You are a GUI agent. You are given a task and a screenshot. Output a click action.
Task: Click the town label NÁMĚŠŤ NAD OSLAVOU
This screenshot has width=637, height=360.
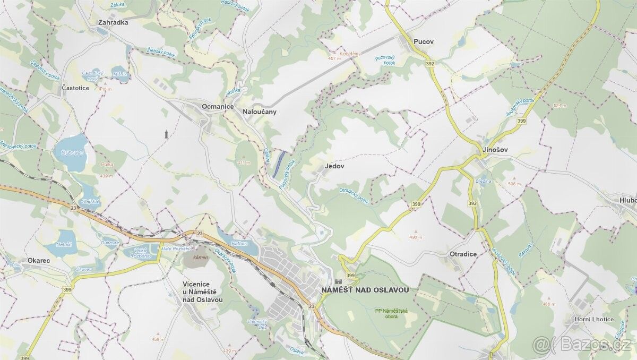click(x=365, y=290)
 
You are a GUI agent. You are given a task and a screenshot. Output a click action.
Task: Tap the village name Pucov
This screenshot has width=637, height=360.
click(x=423, y=40)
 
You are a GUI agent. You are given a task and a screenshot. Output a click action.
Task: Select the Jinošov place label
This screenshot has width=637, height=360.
click(x=495, y=150)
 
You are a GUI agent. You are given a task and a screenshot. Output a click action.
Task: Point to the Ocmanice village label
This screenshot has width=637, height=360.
click(x=218, y=107)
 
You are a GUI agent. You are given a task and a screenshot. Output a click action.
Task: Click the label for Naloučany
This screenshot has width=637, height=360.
click(x=260, y=112)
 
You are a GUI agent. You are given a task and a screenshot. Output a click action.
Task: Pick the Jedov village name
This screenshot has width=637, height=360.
click(x=334, y=166)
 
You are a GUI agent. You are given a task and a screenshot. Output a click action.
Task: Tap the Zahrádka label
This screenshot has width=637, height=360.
click(x=114, y=23)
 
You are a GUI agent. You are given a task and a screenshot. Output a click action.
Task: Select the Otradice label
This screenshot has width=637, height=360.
click(x=463, y=254)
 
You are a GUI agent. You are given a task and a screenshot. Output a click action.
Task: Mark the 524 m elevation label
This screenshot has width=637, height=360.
click(x=559, y=106)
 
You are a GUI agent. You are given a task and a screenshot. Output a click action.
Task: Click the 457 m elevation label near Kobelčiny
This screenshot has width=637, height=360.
click(x=335, y=58)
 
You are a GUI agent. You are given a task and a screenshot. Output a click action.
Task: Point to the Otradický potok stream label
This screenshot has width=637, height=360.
click(x=354, y=195)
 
